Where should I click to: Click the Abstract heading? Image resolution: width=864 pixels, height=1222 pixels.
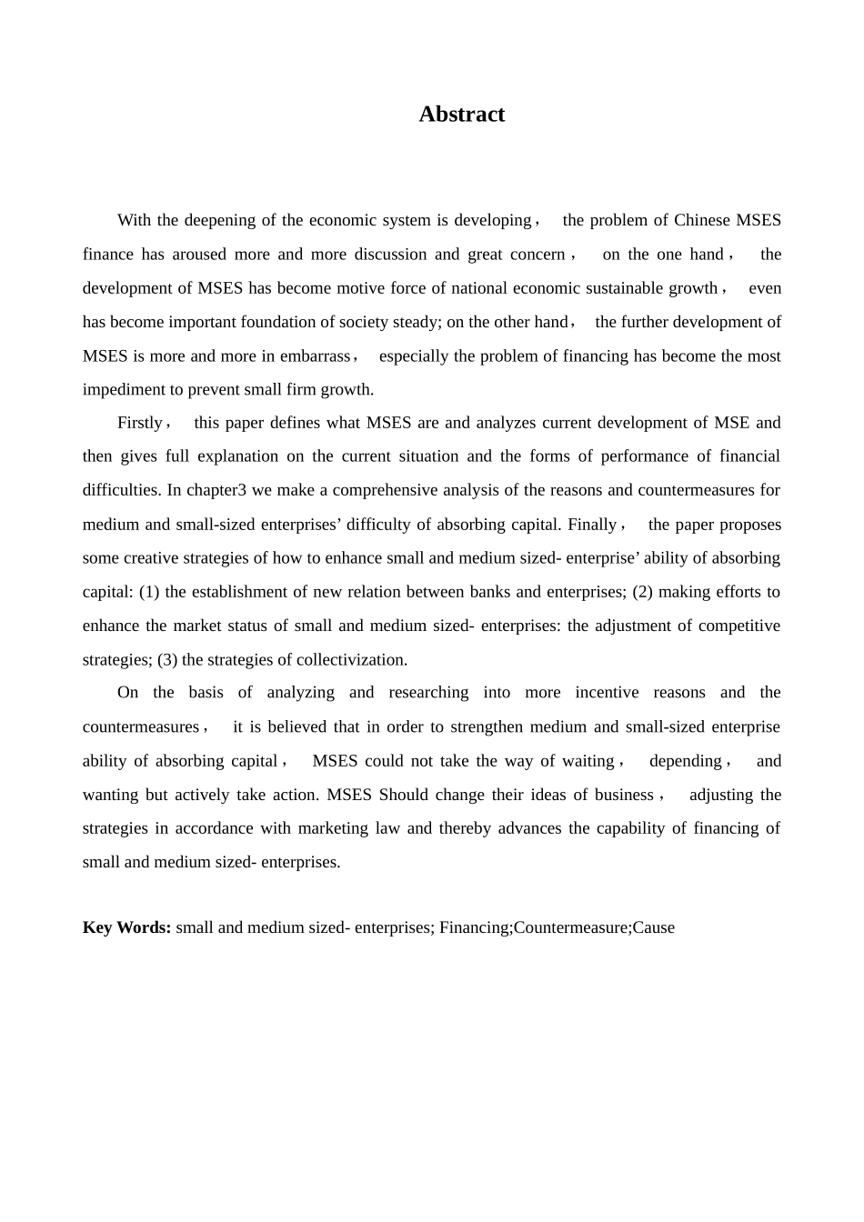pos(461,115)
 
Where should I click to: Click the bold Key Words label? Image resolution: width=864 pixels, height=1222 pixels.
pos(126,927)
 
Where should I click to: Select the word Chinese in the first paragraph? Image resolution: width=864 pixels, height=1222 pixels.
pos(701,220)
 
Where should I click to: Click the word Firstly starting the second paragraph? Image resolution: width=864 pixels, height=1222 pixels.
pos(140,423)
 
